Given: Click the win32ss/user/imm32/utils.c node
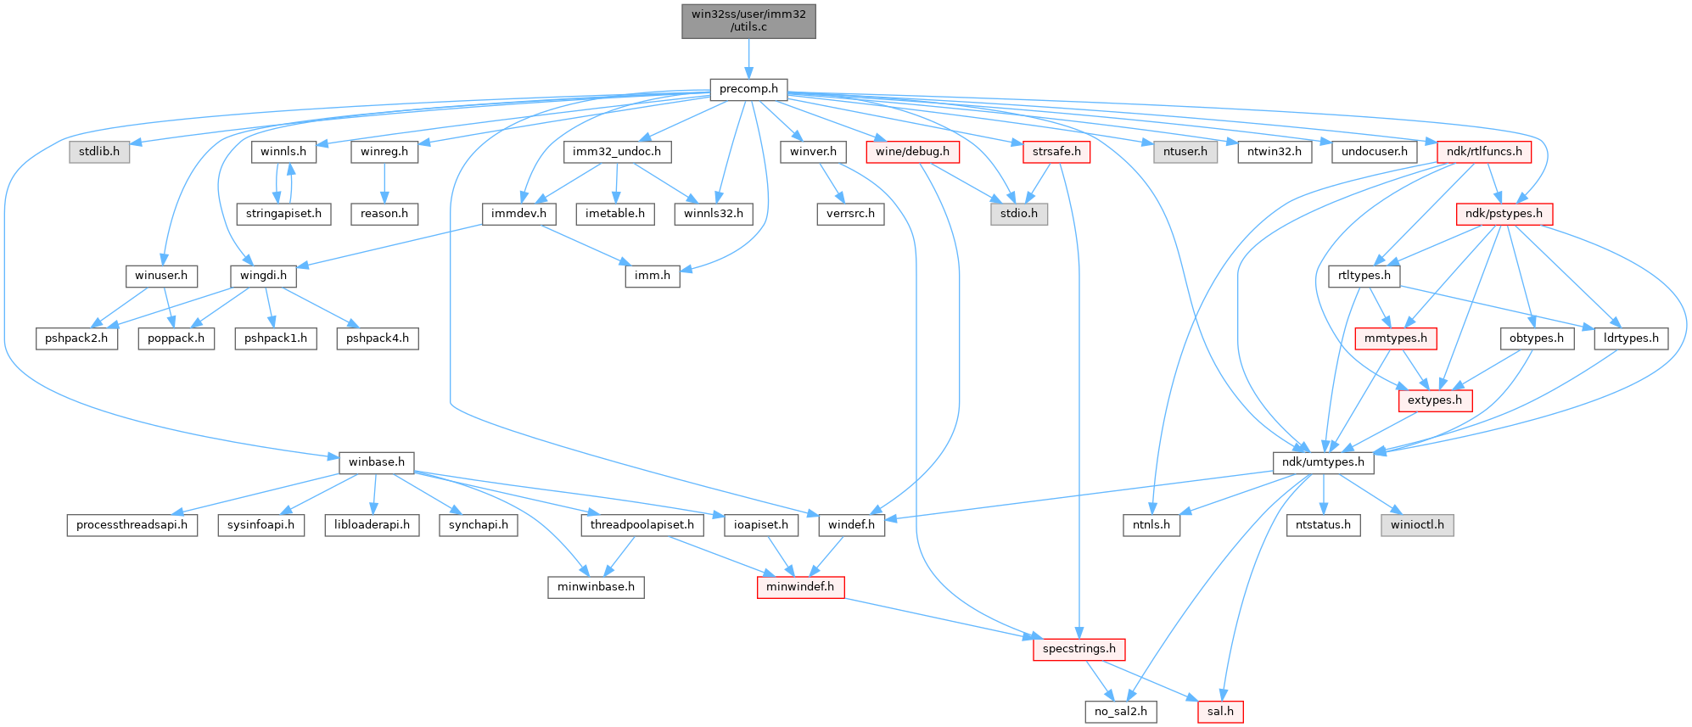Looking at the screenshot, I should coord(748,21).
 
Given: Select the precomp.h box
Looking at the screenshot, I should coord(748,89).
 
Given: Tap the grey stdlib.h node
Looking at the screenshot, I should coord(99,152).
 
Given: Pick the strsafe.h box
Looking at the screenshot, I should coord(1056,152).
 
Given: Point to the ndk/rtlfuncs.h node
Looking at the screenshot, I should coord(1484,152).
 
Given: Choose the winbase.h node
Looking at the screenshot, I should coord(377,462).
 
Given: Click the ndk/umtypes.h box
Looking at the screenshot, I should coord(1323,462).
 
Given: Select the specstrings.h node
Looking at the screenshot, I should coord(1079,649).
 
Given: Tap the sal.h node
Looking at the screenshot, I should coord(1220,711).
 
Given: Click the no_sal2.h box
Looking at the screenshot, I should coord(1120,711).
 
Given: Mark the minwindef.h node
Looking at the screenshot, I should coord(800,586).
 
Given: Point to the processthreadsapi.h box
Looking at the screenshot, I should coord(132,524).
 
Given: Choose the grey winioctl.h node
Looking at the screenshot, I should coord(1417,524).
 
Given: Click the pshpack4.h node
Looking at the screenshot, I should coord(378,338).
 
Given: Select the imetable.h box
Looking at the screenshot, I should coord(615,214).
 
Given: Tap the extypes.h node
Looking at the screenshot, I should coord(1435,400).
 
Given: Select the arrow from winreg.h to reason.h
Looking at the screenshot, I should coord(384,182).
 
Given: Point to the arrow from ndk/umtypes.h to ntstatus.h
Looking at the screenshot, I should coord(1323,494).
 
